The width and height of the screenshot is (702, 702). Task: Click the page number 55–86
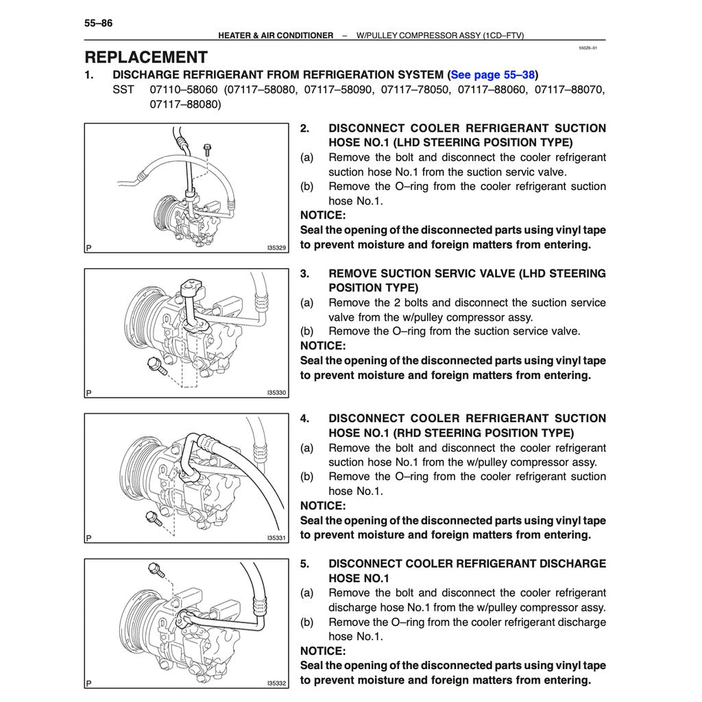tap(99, 23)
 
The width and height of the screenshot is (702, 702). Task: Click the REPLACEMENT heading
tap(146, 58)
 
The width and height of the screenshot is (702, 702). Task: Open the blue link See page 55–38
tap(492, 75)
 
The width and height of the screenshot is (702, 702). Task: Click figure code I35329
tap(276, 247)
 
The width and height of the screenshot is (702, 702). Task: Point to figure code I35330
tap(276, 393)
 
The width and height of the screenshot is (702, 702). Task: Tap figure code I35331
tap(276, 538)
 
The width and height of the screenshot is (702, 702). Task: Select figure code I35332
tap(276, 683)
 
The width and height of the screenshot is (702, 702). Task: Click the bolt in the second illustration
tap(157, 367)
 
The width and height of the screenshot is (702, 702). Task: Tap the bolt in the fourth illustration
tap(156, 569)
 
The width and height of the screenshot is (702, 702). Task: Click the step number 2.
tap(305, 128)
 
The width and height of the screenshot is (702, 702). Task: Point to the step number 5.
tap(305, 564)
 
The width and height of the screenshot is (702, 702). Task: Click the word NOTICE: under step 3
tap(323, 346)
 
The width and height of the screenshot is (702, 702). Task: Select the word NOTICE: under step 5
tap(323, 651)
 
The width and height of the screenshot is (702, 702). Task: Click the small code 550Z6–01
tap(588, 49)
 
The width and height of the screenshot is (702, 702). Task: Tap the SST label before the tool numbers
tap(123, 90)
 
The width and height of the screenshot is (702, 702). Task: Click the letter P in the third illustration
tap(89, 538)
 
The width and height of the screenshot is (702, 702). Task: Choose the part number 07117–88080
tap(185, 105)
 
